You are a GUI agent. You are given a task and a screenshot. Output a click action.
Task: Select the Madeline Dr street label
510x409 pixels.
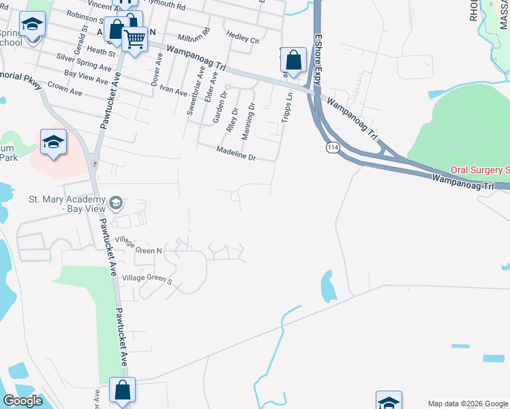point(235,154)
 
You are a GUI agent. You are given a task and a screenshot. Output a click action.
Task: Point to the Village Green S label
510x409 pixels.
point(147,278)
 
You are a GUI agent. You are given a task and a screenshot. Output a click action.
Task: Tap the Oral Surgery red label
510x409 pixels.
point(480,170)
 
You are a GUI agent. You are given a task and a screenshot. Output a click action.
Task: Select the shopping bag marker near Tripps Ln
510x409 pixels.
point(293,60)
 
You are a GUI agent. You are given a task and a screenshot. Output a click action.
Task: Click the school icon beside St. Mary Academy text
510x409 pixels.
point(117,202)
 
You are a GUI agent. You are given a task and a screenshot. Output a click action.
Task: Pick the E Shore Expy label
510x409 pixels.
point(318,51)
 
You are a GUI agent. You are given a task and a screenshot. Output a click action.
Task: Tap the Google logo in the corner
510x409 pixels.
point(23,401)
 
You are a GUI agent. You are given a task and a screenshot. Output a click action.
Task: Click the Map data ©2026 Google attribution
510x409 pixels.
point(468,404)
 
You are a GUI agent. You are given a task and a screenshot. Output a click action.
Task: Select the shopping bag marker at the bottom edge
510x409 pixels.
point(123,391)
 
